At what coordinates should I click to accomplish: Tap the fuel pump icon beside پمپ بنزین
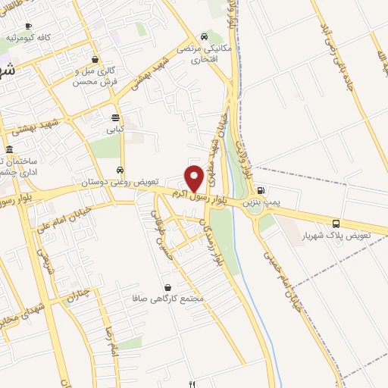(261, 191)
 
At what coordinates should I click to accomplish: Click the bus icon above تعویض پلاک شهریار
(336, 223)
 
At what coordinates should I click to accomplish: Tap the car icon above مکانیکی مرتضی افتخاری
(204, 36)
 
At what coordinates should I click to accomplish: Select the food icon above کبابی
(115, 117)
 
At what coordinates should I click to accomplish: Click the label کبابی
(115, 129)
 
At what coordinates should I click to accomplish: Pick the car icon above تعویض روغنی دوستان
(120, 170)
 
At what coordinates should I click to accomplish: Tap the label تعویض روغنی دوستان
(120, 182)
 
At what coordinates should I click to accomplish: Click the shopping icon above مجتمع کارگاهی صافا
(168, 287)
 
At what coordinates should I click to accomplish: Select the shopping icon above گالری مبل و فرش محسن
(95, 59)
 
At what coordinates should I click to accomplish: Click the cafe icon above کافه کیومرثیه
(29, 26)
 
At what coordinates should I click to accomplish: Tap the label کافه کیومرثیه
(28, 37)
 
